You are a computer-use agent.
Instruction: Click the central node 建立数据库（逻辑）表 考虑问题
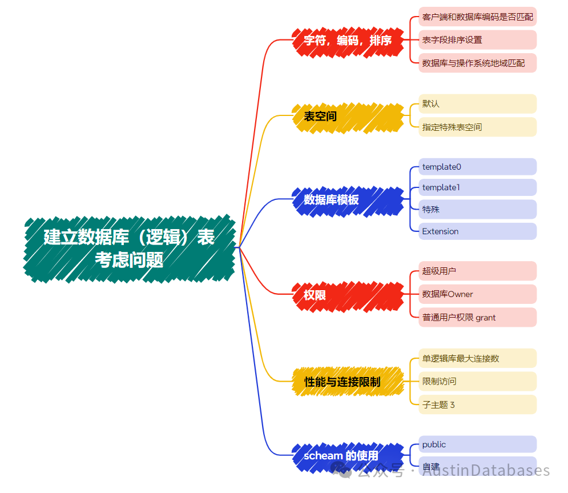point(129,248)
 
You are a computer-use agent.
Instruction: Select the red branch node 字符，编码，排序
point(348,41)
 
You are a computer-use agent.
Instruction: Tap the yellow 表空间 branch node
point(348,117)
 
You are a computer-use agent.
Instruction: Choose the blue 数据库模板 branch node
point(348,200)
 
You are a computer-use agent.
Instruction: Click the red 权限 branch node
point(348,295)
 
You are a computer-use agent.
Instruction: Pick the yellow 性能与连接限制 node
point(348,382)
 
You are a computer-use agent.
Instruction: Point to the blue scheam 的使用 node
point(348,456)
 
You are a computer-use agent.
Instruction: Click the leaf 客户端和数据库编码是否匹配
point(477,17)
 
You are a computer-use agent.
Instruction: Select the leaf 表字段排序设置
point(477,40)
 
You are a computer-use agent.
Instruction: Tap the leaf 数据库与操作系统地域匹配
point(477,63)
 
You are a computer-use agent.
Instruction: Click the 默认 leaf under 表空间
point(477,104)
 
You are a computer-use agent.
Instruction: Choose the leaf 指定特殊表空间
point(477,127)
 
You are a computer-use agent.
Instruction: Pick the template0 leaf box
point(477,167)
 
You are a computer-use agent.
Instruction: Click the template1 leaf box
point(477,187)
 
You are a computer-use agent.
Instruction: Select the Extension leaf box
point(477,231)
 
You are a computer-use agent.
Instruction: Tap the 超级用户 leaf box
point(477,271)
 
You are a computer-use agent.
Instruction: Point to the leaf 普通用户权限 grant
point(477,318)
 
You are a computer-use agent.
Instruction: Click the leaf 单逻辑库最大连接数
point(477,358)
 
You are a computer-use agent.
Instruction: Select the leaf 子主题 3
point(477,405)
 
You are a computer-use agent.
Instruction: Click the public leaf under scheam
point(477,444)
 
